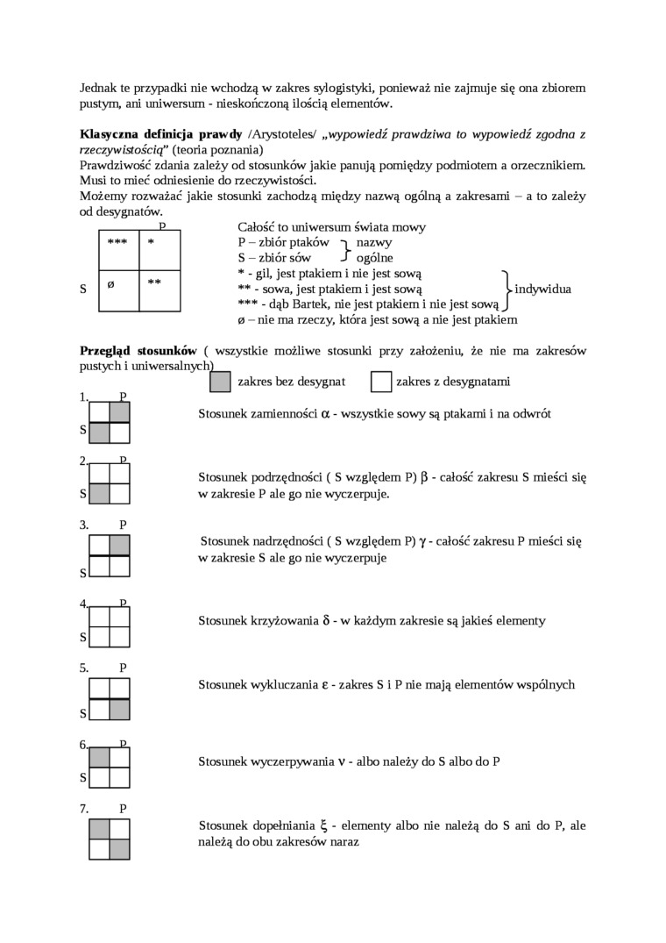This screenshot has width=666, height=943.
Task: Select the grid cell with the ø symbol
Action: (118, 289)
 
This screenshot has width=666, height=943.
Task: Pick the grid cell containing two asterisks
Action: (159, 289)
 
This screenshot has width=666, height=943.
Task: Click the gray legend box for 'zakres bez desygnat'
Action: (221, 382)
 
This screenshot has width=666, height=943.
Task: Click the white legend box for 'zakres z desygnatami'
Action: (381, 382)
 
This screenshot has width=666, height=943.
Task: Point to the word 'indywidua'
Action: (543, 289)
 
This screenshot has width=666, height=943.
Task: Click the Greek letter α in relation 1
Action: (325, 413)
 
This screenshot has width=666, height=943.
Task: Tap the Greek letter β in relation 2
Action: (424, 478)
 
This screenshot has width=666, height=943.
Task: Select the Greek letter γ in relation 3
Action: (423, 542)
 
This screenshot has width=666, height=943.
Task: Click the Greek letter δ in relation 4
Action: (326, 621)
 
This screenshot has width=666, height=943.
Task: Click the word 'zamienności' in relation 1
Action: (285, 413)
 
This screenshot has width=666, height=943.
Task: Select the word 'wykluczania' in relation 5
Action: (283, 685)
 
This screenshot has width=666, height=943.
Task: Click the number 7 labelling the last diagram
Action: (83, 808)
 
